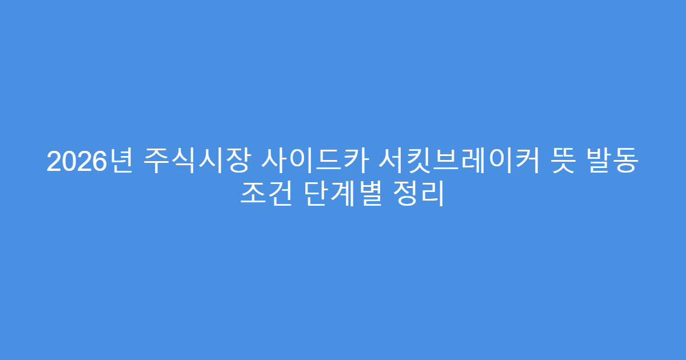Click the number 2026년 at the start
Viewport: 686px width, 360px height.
point(89,163)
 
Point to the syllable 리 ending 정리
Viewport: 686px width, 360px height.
point(432,195)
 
